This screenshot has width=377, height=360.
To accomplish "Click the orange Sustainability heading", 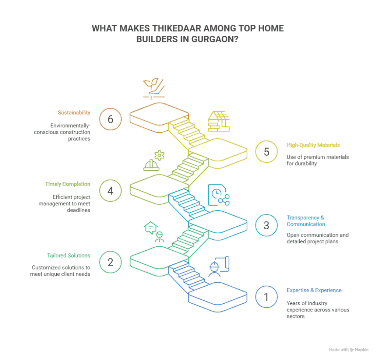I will point(74,112).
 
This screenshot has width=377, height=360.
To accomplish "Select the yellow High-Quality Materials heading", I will point(313,145).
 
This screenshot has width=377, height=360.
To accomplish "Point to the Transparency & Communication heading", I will point(306,221).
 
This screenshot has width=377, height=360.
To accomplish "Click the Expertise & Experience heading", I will point(314,290).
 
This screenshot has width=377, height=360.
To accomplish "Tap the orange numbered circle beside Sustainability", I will point(109,119).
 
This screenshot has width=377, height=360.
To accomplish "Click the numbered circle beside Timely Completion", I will point(109,191).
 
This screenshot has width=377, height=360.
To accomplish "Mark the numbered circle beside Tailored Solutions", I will point(109,263).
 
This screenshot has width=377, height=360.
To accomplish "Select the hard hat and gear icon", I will point(152,160).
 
